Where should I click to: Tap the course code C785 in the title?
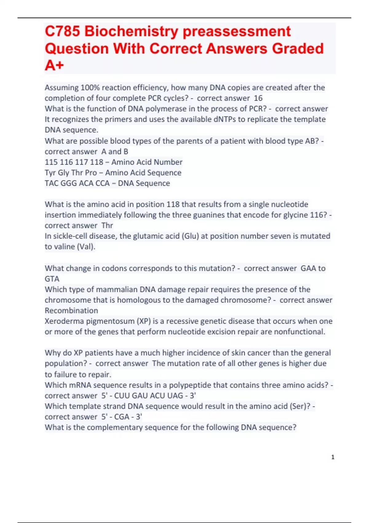click(62, 31)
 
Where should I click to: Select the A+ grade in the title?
click(54, 65)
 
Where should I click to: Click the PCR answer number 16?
click(258, 98)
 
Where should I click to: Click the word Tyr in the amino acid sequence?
click(50, 173)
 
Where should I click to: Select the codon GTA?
click(52, 279)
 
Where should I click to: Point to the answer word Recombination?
click(71, 311)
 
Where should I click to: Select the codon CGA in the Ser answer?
click(122, 417)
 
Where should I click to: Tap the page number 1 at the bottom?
click(333, 457)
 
